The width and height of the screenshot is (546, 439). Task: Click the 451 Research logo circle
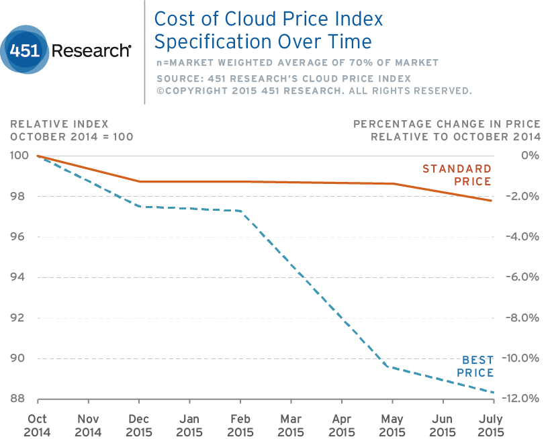[25, 50]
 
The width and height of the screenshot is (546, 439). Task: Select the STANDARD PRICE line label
[457, 175]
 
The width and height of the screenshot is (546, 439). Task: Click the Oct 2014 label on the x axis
[37, 425]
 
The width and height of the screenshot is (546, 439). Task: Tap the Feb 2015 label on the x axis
[240, 425]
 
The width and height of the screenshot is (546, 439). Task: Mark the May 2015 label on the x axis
[392, 425]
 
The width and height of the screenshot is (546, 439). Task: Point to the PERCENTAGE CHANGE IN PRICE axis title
[447, 124]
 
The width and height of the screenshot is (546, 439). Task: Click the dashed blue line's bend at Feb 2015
[240, 211]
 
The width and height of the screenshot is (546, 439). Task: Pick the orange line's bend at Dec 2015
[138, 181]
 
